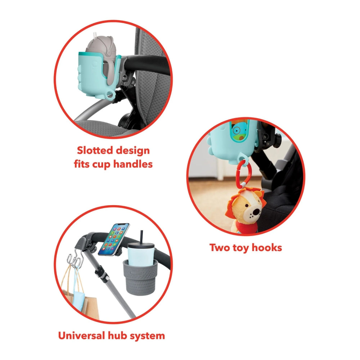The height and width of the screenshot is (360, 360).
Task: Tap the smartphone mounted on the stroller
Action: (x=113, y=239)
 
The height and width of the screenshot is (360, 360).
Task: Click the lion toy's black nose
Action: (x=256, y=212)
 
